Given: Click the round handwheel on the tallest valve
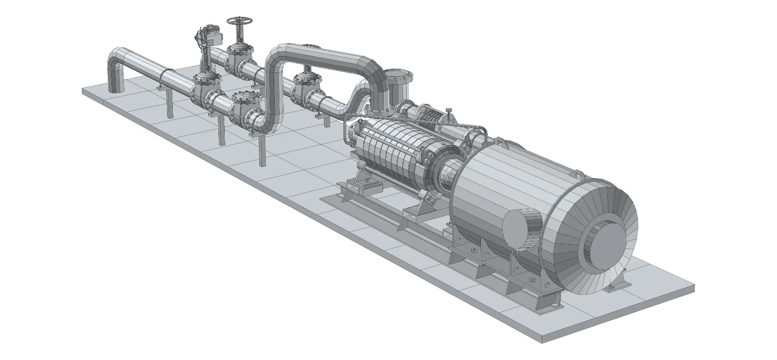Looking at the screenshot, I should click(239, 22).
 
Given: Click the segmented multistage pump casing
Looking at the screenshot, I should click(388, 146).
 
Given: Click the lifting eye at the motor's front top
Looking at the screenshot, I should click(500, 141).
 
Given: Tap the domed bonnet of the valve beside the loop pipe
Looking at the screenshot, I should click(305, 79).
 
